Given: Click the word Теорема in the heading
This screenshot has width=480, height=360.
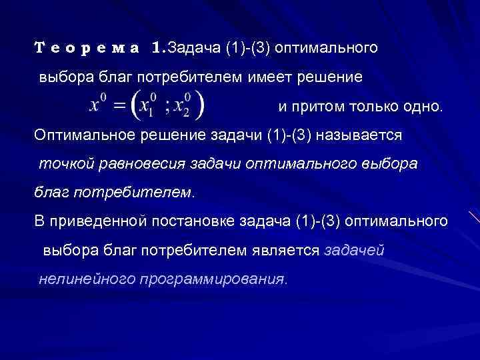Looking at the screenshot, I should click(x=87, y=48).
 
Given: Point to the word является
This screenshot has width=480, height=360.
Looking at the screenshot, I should click(x=290, y=251).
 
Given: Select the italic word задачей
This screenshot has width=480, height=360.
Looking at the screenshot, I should click(x=354, y=251).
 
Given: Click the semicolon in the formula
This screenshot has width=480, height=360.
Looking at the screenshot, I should click(x=170, y=108).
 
